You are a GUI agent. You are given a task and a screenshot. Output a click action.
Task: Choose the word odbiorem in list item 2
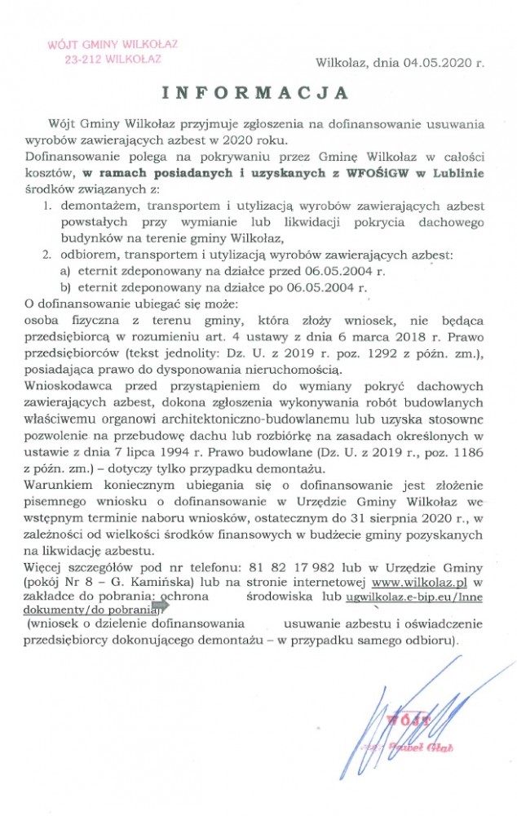(93, 255)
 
